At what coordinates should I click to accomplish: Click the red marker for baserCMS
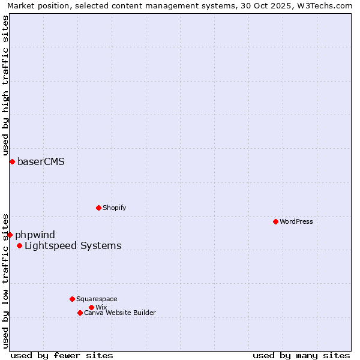tap(12, 161)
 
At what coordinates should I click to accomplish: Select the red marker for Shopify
tap(98, 208)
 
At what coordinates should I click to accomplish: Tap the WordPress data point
tap(275, 221)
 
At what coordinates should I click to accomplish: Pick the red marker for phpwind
tap(10, 235)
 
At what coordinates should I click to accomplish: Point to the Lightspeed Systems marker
tap(19, 245)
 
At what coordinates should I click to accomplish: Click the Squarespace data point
tap(72, 299)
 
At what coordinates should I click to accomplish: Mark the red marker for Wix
tap(91, 307)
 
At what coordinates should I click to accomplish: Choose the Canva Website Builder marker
tap(80, 313)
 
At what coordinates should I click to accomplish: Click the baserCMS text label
tap(41, 161)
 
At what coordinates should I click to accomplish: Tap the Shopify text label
tap(114, 208)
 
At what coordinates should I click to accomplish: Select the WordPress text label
tap(296, 221)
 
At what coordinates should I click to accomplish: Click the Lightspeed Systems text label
tap(73, 245)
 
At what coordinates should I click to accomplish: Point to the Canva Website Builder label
tap(119, 313)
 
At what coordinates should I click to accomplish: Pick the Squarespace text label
tap(97, 299)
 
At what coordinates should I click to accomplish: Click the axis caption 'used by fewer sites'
tap(62, 355)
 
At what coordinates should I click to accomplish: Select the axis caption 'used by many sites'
tap(301, 355)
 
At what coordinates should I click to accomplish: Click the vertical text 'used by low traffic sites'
tap(5, 280)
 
